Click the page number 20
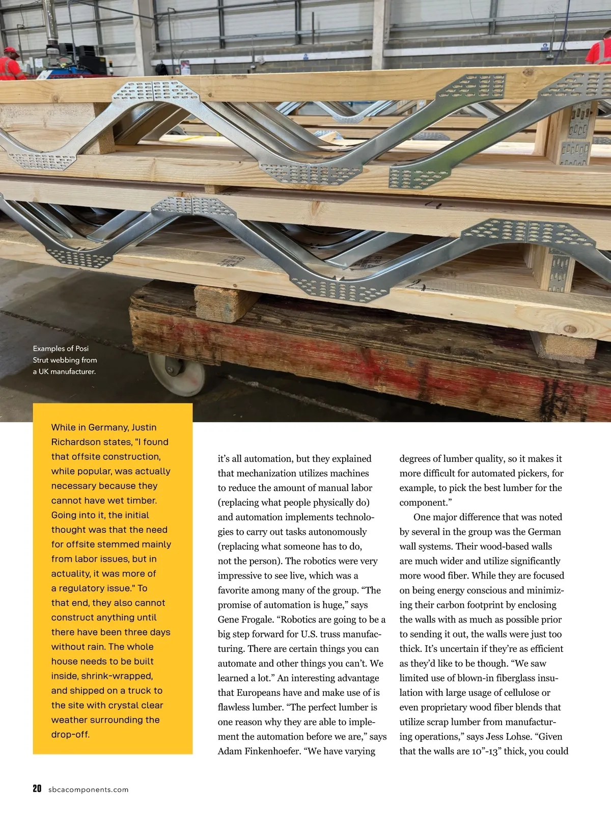[x=37, y=789]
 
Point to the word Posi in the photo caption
[x=81, y=348]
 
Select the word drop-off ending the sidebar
[x=70, y=734]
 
